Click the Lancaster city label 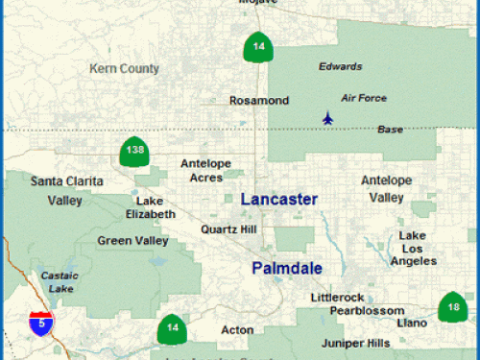(278, 199)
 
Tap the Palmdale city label (286, 268)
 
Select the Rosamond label (259, 100)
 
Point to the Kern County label (124, 68)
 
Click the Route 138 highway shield (133, 152)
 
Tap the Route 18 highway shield (453, 306)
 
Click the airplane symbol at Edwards (329, 119)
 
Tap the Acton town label (237, 330)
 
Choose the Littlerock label (338, 298)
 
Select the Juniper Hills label (354, 343)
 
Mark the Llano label (412, 324)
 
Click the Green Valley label (133, 240)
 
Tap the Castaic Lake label (60, 282)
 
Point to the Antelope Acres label (206, 170)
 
